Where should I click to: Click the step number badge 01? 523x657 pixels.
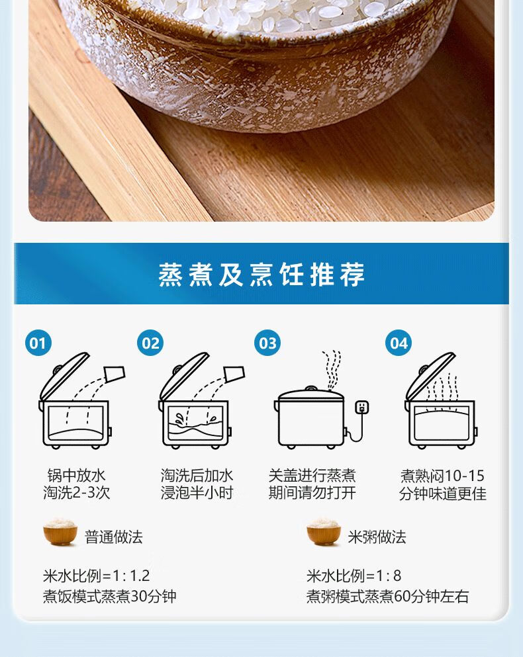click(x=38, y=343)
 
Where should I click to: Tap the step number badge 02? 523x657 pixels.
click(x=150, y=343)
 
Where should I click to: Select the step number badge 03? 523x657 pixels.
click(x=267, y=343)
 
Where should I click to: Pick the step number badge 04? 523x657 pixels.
click(x=399, y=343)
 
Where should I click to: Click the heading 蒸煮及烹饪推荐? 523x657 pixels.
click(x=261, y=275)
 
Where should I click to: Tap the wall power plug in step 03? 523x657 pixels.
click(x=362, y=408)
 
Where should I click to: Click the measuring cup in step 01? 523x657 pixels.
click(x=115, y=374)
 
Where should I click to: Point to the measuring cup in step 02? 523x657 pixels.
click(x=234, y=374)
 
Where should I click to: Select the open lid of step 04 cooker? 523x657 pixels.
click(x=430, y=375)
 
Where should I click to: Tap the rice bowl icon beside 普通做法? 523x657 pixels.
click(x=60, y=532)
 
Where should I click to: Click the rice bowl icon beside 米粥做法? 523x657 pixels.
click(x=323, y=532)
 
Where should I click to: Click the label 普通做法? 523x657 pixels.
click(x=114, y=537)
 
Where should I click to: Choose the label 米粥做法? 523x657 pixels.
click(x=377, y=537)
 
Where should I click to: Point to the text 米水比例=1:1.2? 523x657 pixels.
click(x=97, y=576)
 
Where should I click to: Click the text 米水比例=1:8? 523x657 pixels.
click(x=354, y=576)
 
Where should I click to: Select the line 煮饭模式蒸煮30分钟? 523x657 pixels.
click(x=109, y=596)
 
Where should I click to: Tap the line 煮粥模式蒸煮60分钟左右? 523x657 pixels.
click(x=387, y=596)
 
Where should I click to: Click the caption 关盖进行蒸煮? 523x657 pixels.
click(x=312, y=476)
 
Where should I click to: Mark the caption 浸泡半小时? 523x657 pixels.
click(x=197, y=493)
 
